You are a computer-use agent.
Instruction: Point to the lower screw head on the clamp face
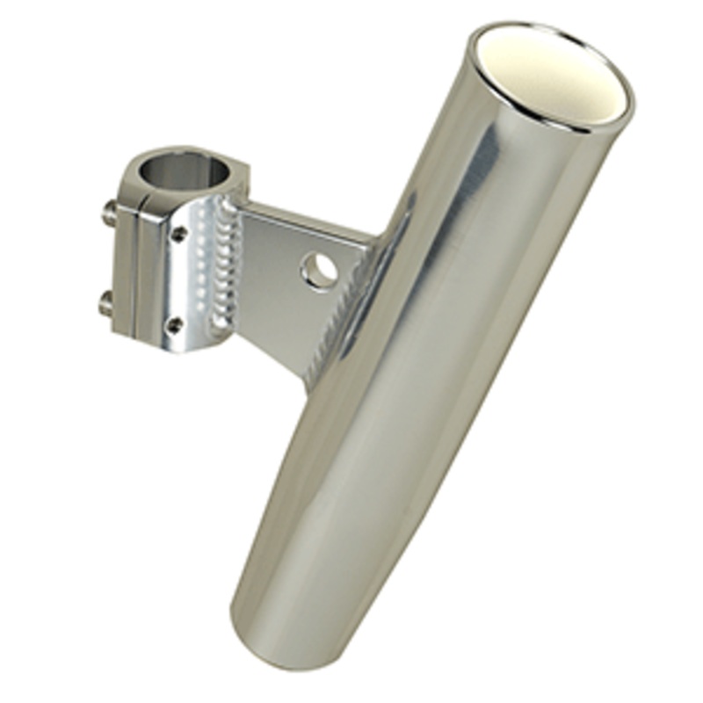point(177,325)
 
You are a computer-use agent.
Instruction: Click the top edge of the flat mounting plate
point(308,216)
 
